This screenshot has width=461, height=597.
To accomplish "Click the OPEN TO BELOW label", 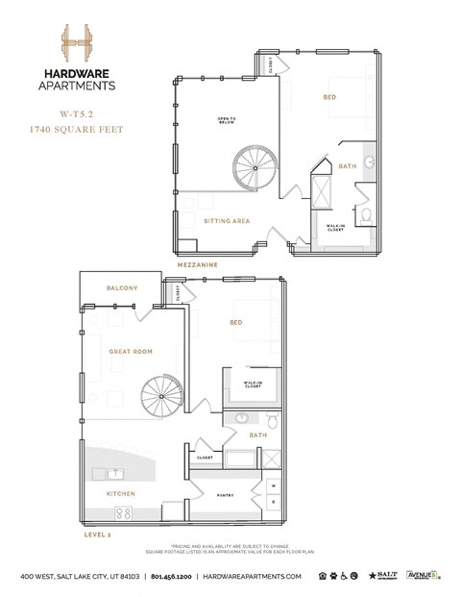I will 227,121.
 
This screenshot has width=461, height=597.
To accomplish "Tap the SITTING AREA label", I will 228,220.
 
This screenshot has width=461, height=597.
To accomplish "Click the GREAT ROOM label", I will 133,352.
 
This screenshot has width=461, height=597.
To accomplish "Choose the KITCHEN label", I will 121,494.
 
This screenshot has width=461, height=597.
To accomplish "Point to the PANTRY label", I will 227,495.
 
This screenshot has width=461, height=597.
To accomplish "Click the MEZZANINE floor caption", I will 197,263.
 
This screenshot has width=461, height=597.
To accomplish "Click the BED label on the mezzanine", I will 329,98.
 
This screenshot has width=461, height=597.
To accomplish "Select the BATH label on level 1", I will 258,435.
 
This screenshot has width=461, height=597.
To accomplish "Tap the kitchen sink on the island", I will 114,473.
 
